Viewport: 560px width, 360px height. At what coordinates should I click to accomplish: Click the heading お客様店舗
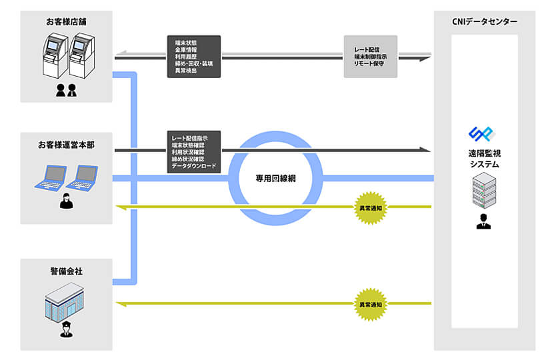(x=66, y=22)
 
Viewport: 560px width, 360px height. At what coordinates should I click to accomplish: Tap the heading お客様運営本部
(x=66, y=145)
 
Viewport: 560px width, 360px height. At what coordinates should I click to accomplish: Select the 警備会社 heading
(x=67, y=271)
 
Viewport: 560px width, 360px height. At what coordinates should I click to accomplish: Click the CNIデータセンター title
(x=485, y=22)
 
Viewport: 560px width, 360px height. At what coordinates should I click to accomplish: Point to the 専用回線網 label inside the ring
(x=275, y=179)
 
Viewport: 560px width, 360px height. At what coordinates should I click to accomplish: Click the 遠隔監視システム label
(x=485, y=159)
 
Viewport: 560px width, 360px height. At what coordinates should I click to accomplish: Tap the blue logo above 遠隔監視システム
(x=482, y=134)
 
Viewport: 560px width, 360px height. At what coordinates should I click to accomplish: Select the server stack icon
(x=484, y=190)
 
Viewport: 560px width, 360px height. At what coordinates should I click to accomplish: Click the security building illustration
(x=64, y=302)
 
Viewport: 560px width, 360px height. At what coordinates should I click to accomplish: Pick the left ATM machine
(x=55, y=55)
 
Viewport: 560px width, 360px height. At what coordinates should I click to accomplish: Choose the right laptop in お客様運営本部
(x=82, y=178)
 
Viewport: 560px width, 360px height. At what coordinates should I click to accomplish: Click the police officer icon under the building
(x=66, y=329)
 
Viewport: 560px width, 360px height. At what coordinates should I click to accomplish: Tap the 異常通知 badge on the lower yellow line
(x=371, y=305)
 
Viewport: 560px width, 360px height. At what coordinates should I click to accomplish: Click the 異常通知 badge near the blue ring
(x=371, y=208)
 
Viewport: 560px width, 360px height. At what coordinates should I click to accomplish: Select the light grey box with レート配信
(x=371, y=57)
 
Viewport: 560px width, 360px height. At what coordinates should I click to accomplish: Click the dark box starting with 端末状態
(x=194, y=57)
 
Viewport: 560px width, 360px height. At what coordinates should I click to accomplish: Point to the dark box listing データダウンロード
(x=194, y=152)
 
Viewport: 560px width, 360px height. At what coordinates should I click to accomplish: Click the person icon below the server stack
(x=483, y=221)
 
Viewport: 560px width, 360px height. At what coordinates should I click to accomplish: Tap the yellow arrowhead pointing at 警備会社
(x=121, y=304)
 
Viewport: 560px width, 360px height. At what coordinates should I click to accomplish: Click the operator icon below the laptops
(x=66, y=201)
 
